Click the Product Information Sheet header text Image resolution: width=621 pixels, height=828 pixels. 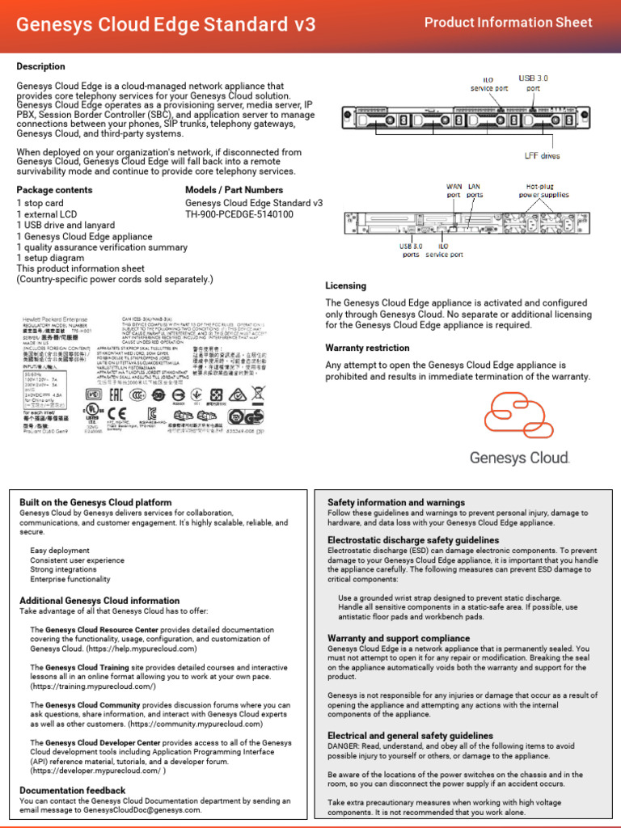coord(508,23)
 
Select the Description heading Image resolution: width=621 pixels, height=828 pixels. coord(41,66)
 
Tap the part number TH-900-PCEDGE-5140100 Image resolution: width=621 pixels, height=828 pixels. coord(239,214)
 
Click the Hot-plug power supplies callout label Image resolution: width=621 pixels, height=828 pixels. coord(543,190)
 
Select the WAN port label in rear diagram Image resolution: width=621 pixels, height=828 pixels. coord(454,190)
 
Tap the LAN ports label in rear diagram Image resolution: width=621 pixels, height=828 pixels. coord(475,190)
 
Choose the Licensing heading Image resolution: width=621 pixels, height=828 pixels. coord(345,285)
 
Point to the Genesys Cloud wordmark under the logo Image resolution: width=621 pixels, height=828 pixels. coord(520,458)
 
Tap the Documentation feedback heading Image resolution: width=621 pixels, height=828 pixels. coord(73,790)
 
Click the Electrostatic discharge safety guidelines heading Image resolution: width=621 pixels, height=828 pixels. coord(413,539)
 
